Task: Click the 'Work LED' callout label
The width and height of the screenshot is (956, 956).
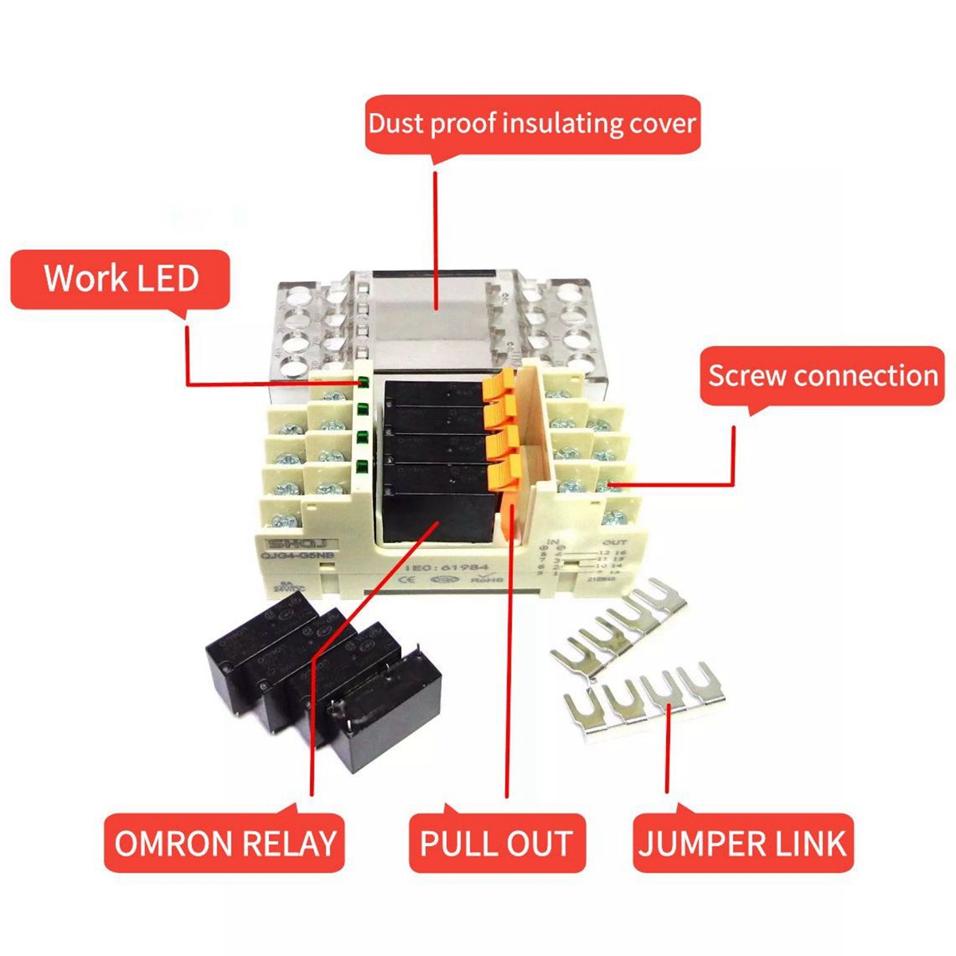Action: (x=120, y=279)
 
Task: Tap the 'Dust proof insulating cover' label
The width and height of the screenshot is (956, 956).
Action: (x=532, y=124)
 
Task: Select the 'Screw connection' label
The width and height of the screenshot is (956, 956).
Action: (x=822, y=375)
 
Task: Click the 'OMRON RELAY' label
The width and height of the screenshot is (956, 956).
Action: (x=225, y=843)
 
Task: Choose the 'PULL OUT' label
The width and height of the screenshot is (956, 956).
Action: (x=496, y=843)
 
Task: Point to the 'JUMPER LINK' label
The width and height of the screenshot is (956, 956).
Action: (x=742, y=843)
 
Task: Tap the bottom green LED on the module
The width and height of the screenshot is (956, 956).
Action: (x=362, y=468)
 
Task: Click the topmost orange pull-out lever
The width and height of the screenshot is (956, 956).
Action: (x=496, y=386)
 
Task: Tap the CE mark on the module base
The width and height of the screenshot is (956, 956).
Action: (x=406, y=580)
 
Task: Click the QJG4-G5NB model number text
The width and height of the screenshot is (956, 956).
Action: (x=291, y=558)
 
